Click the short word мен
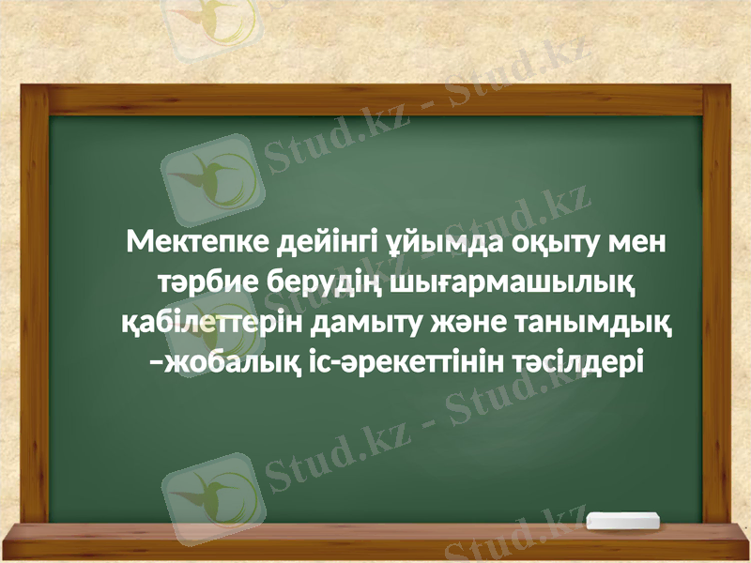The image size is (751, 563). tap(636, 246)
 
